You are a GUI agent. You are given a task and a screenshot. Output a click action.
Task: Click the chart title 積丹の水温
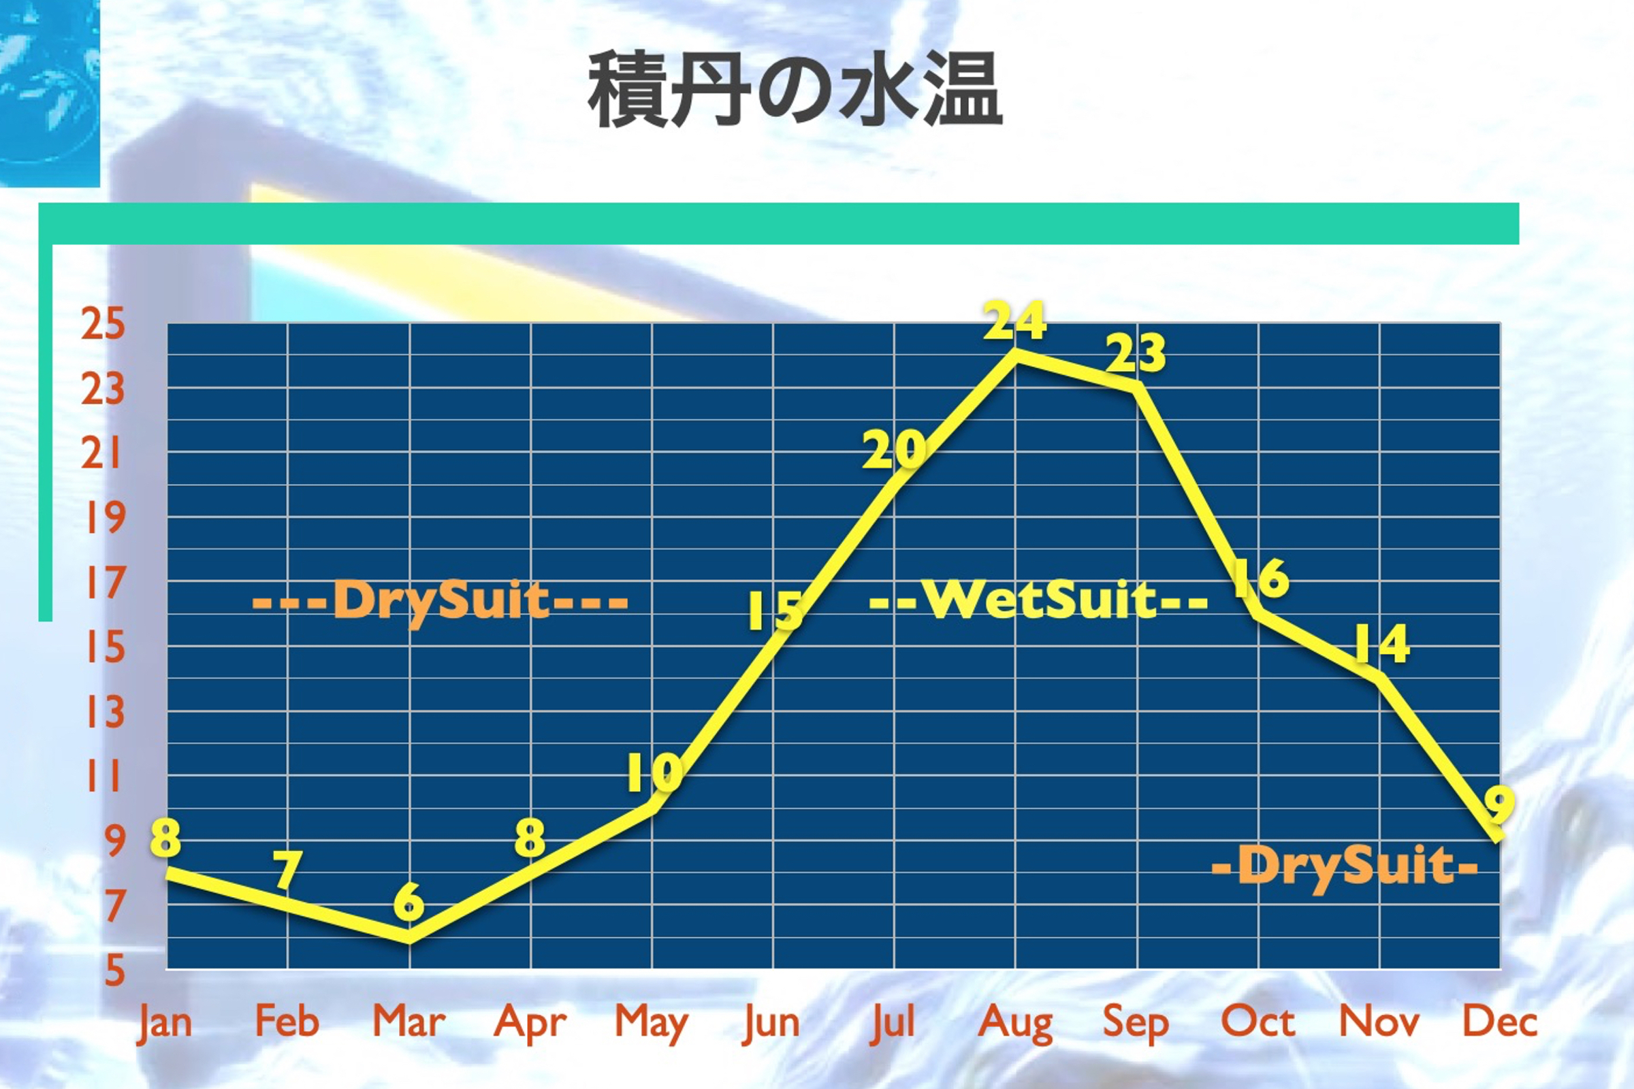[x=795, y=89]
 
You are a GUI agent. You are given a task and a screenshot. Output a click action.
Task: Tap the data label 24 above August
[x=1015, y=321]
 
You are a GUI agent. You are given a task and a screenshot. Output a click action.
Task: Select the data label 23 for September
[x=1136, y=353]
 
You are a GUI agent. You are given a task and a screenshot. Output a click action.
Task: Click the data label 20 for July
[x=894, y=449]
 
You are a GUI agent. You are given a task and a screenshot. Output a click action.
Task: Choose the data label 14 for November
[x=1382, y=643]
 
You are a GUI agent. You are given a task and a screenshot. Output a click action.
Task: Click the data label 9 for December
[x=1499, y=804]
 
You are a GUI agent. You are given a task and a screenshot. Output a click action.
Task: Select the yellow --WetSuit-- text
[x=1038, y=599]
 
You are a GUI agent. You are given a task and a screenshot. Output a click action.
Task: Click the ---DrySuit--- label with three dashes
[x=440, y=602]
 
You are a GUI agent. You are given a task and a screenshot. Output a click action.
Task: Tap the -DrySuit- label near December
[x=1344, y=866]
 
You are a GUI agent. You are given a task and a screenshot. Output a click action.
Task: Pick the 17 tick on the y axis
[x=104, y=582]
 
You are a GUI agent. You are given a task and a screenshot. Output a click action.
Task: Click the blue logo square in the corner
[x=49, y=93]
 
